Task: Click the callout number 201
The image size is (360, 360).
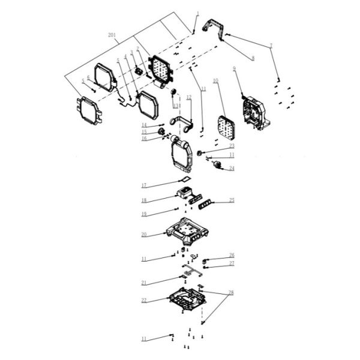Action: pyautogui.click(x=112, y=35)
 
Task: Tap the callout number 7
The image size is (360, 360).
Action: pyautogui.click(x=271, y=46)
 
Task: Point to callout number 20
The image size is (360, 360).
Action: pyautogui.click(x=144, y=235)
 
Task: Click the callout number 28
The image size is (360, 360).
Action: pyautogui.click(x=232, y=293)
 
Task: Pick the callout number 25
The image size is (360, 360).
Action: pyautogui.click(x=232, y=201)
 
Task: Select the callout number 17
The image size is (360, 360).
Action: pyautogui.click(x=144, y=185)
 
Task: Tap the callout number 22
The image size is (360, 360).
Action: pyautogui.click(x=144, y=300)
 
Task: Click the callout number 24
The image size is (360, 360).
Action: pyautogui.click(x=232, y=169)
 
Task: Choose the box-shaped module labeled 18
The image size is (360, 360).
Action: pyautogui.click(x=184, y=194)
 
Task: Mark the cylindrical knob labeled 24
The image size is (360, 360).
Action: pyautogui.click(x=218, y=164)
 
